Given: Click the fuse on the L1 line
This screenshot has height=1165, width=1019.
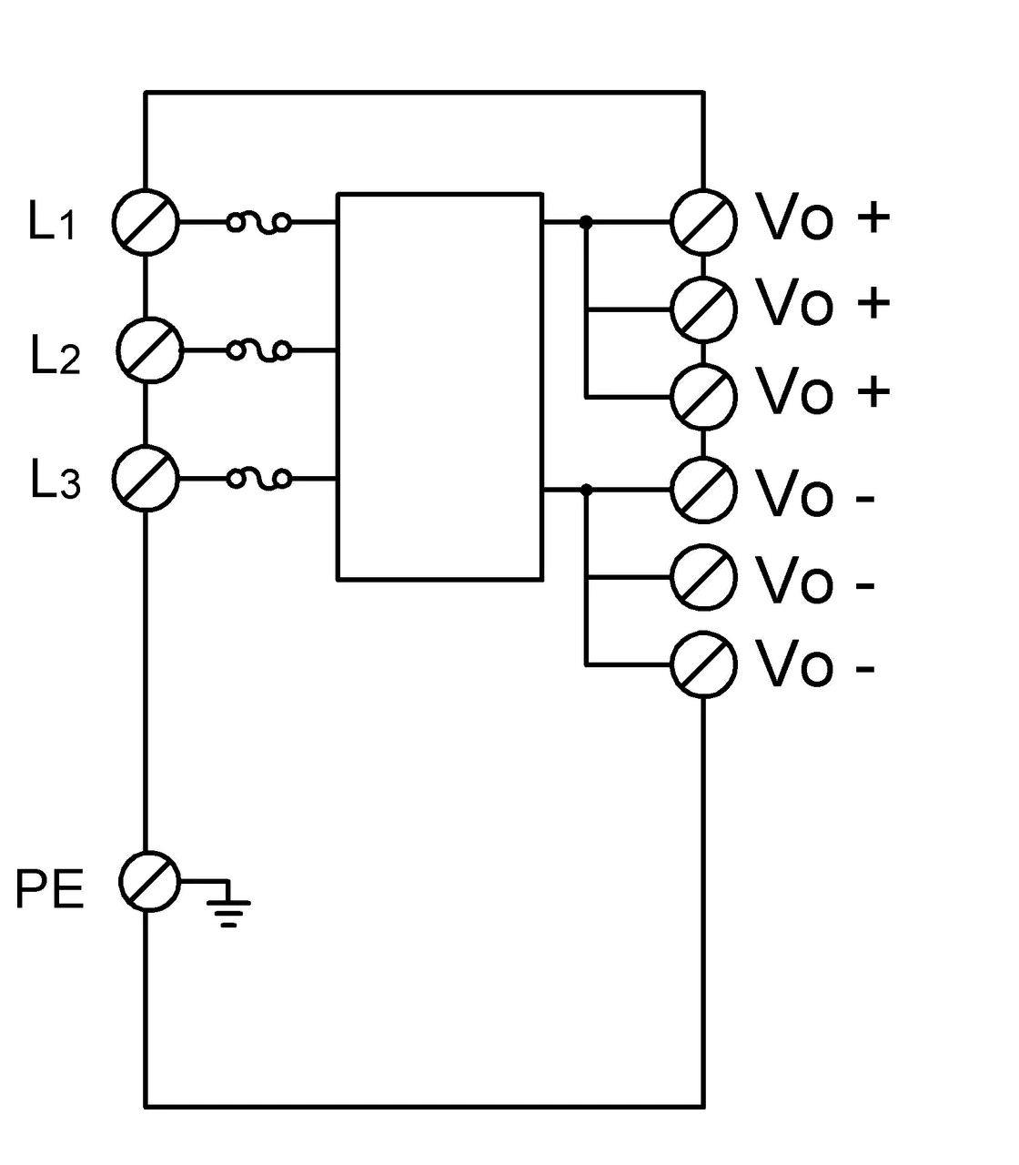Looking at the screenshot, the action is pos(259,222).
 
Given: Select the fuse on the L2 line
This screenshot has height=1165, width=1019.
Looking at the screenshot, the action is pos(259,350).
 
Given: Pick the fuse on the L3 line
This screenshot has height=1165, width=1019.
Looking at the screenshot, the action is pos(259,479).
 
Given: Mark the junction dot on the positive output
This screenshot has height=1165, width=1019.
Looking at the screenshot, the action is pos(586,222).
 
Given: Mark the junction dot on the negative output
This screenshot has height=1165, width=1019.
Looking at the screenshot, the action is pos(586,489).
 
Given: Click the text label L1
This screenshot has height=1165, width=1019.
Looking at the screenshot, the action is pos(51,221).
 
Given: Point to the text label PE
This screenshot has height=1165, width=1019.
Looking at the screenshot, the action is pos(49,888).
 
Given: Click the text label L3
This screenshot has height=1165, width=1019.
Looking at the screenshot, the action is pos(55,480).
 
